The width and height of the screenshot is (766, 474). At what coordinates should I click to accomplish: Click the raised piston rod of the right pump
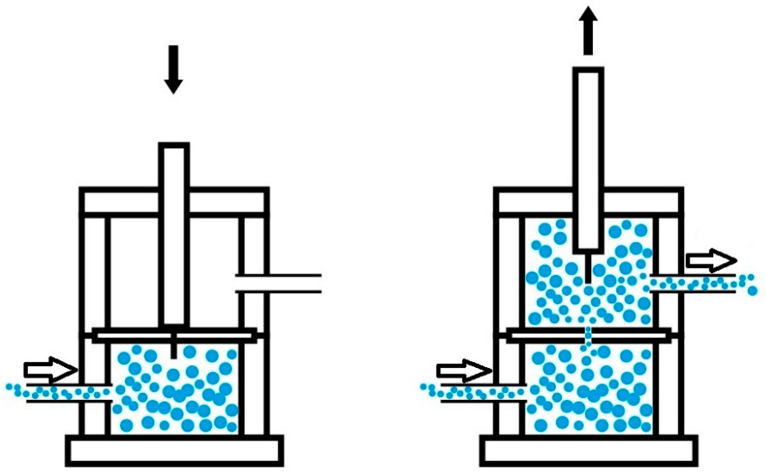click(x=588, y=160)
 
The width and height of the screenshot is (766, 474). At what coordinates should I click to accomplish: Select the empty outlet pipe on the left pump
click(x=278, y=283)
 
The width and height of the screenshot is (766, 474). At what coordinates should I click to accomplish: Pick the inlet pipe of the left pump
click(x=69, y=392)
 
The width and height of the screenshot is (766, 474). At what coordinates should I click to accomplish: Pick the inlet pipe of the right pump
click(x=483, y=392)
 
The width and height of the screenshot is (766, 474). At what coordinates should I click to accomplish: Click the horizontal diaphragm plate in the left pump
click(x=174, y=336)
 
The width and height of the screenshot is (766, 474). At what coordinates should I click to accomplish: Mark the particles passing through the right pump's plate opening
click(x=588, y=336)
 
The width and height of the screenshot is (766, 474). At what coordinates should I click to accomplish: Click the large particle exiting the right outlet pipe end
click(x=752, y=291)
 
